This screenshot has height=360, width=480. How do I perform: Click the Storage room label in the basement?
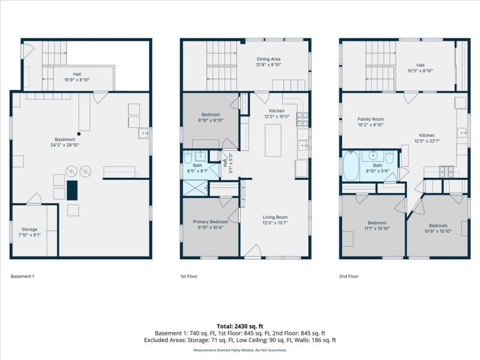(29, 229)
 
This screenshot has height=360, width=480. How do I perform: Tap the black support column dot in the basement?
(79, 134)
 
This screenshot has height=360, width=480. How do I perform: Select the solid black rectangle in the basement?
(72, 190)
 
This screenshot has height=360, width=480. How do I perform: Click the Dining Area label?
(268, 59)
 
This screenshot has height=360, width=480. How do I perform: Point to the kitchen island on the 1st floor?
(273, 140)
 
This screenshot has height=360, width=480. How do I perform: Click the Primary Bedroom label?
(211, 221)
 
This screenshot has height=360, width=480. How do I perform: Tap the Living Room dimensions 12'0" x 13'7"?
(275, 223)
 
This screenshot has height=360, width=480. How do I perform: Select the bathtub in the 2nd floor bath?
(351, 166)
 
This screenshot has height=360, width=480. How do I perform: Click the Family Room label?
(371, 119)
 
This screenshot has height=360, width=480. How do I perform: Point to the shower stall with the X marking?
(195, 188)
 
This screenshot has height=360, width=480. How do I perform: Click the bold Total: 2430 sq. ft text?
(240, 326)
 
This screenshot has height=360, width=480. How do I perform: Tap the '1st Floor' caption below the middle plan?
(189, 277)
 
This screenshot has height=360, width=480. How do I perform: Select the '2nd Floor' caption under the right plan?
(349, 277)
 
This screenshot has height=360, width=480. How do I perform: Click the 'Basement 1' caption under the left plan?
(22, 277)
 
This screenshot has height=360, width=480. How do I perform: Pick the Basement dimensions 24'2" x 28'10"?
(65, 145)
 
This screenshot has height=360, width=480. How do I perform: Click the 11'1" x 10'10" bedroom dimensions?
(377, 229)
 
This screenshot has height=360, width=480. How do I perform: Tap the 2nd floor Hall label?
(421, 65)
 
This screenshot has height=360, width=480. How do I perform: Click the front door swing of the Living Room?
(253, 251)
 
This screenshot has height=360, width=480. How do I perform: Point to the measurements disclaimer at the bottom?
(240, 350)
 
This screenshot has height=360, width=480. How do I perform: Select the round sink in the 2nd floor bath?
(373, 155)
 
